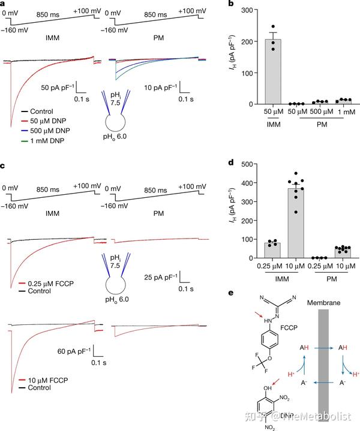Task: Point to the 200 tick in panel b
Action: tap(251, 41)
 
